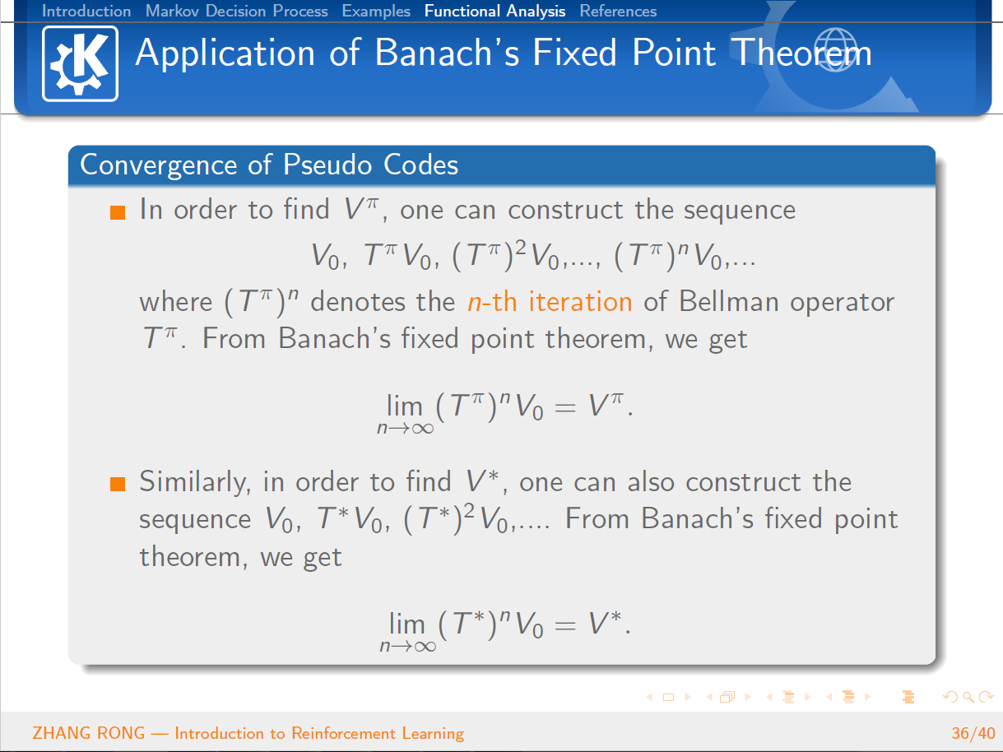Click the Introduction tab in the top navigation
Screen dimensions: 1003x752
(86, 11)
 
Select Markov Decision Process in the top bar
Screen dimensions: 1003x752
(237, 11)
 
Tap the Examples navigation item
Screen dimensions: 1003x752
(376, 11)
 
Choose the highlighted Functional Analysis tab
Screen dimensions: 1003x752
(495, 11)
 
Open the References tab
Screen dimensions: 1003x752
(618, 11)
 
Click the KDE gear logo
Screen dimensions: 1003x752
(80, 63)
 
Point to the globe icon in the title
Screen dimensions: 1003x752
(836, 50)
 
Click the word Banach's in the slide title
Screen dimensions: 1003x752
(447, 53)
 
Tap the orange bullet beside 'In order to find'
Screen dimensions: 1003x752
(118, 212)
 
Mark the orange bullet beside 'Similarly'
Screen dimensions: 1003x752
(118, 485)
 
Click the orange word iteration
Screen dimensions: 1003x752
(580, 301)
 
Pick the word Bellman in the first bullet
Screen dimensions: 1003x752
(729, 301)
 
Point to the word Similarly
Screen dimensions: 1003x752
(195, 483)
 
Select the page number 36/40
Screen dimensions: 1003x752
(973, 733)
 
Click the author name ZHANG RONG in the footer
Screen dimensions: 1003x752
(89, 733)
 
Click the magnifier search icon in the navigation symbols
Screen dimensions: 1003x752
(968, 697)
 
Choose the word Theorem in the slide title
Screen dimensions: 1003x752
(801, 53)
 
